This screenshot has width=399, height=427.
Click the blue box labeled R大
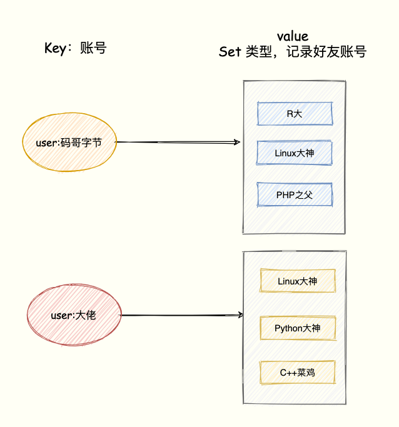point(294,114)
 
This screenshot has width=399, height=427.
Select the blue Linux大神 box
point(294,153)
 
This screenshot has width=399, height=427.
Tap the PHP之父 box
point(294,194)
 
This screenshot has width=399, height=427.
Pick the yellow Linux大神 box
point(297,281)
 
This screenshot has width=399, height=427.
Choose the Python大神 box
point(297,328)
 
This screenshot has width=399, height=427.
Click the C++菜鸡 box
point(297,373)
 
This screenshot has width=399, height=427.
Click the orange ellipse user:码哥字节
point(69,143)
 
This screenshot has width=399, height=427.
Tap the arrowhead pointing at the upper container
point(237,143)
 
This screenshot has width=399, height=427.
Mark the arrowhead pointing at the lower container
point(240,315)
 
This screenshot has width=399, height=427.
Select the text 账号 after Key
point(93,48)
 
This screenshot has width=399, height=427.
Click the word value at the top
point(293,36)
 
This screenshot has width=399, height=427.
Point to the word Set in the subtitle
point(230,53)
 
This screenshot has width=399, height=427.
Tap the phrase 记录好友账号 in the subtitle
point(326,53)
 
